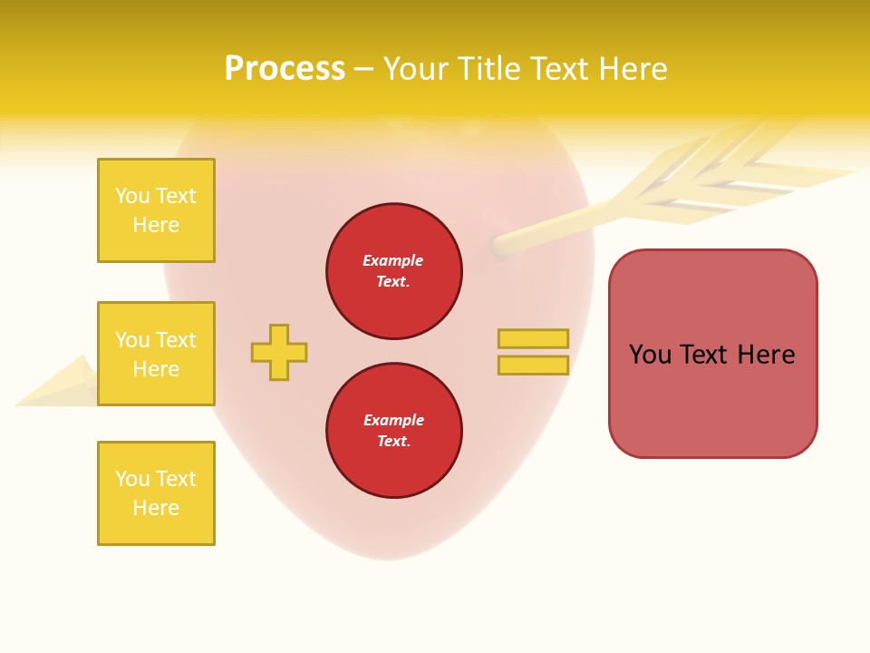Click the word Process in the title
tap(285, 69)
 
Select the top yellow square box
tap(156, 210)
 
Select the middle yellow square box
tap(156, 354)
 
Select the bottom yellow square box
tap(156, 493)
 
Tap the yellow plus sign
tap(279, 352)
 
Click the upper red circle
tap(393, 270)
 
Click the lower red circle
tap(393, 430)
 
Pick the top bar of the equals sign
tap(533, 338)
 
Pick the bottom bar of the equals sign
tap(533, 365)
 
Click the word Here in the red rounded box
tap(766, 355)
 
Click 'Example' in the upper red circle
tap(393, 260)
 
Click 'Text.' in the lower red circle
tap(393, 441)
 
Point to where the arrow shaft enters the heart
tap(498, 244)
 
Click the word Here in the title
tap(631, 69)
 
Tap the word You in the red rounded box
tap(650, 355)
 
